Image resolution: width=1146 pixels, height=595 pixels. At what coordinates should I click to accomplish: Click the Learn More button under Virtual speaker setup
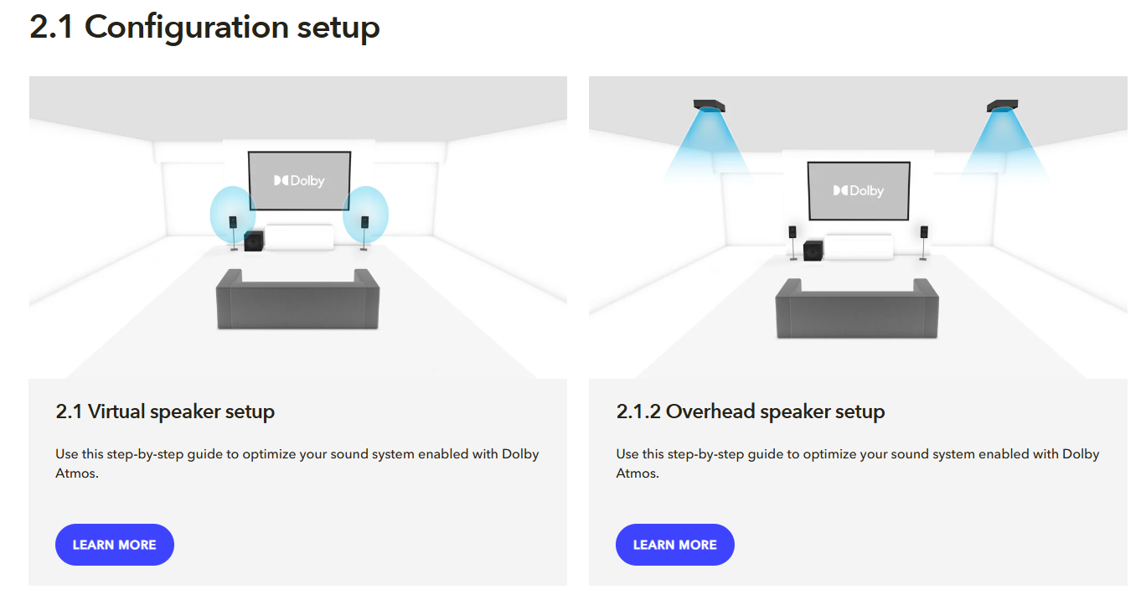pos(115,545)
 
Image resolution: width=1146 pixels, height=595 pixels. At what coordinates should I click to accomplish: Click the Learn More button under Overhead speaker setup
pos(675,545)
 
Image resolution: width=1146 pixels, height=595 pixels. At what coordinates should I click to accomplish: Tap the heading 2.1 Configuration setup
pos(204,27)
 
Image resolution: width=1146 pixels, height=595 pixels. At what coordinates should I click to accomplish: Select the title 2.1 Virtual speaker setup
pos(165,411)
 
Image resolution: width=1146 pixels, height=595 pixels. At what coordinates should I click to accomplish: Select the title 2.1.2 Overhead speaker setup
pos(750,411)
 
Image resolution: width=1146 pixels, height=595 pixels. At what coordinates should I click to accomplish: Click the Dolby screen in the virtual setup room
pos(299,181)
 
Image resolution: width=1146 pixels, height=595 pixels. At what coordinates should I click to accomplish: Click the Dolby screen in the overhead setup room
pos(859,191)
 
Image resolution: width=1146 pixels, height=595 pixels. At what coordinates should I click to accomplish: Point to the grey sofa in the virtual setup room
pos(297,300)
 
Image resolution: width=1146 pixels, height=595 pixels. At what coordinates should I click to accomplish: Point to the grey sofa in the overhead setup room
pos(857,309)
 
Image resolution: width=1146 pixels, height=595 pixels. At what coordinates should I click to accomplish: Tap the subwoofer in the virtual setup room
pos(254,241)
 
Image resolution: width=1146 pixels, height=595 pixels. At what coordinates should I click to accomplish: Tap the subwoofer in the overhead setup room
pos(813,251)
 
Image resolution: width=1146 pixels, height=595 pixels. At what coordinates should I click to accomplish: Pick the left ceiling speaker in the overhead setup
pos(709,106)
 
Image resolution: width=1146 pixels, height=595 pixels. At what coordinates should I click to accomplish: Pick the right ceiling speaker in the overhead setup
pos(1002,106)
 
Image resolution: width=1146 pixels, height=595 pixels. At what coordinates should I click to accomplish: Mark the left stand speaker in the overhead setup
pos(792,242)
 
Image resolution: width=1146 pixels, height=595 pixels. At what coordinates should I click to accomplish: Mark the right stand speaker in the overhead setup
pos(923,242)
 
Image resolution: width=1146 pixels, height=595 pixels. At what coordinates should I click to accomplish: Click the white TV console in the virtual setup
pos(299,237)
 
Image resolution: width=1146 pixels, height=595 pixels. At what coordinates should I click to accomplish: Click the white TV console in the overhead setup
pos(859,247)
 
